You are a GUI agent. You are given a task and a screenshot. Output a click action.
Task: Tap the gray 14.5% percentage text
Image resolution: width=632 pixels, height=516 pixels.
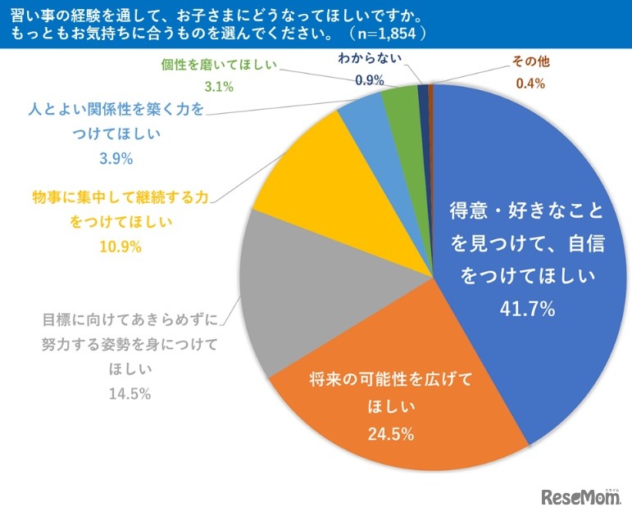tap(130, 394)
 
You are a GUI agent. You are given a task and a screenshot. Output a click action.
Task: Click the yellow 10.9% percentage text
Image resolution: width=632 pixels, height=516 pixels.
tap(120, 247)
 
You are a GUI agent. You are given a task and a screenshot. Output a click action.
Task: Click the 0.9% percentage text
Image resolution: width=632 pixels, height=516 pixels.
tap(372, 79)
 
